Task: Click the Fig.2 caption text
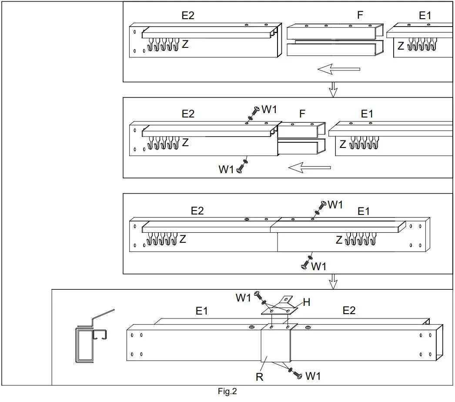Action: click(227, 392)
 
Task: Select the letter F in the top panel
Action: click(360, 15)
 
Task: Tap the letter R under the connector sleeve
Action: click(259, 377)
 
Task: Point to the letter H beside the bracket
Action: click(306, 303)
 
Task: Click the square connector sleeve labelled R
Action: click(276, 346)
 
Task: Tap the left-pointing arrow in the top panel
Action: click(338, 69)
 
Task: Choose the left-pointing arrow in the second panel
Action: click(309, 167)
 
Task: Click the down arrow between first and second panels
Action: click(333, 90)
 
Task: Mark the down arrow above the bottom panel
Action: click(333, 281)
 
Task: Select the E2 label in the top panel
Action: click(188, 16)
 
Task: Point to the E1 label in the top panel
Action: click(425, 16)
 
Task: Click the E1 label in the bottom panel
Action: click(202, 311)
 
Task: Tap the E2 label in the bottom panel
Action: click(349, 311)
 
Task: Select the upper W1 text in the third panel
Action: click(335, 204)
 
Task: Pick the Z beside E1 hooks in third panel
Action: click(339, 240)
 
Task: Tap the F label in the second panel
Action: click(302, 114)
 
